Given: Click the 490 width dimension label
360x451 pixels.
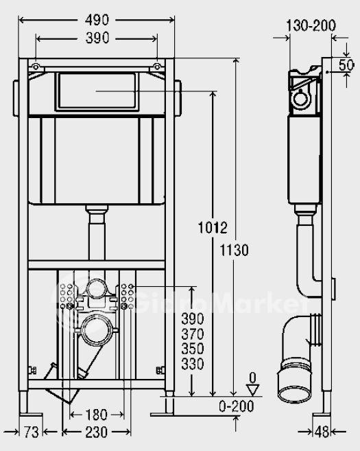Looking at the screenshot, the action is pyautogui.click(x=97, y=20).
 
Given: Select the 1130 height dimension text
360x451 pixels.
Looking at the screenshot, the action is pyautogui.click(x=234, y=250).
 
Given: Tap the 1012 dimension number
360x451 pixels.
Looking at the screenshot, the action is pyautogui.click(x=213, y=227).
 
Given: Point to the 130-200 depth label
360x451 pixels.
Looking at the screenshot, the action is pyautogui.click(x=311, y=25).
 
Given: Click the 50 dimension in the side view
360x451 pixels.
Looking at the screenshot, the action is pyautogui.click(x=346, y=65).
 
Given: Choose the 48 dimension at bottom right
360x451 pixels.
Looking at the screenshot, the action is pyautogui.click(x=322, y=432).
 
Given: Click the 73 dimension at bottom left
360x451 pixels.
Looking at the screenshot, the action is pyautogui.click(x=31, y=432).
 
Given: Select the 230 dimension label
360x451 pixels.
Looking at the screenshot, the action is pyautogui.click(x=97, y=432).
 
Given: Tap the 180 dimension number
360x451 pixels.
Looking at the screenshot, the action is pyautogui.click(x=97, y=415).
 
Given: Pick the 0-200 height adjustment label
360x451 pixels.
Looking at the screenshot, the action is pyautogui.click(x=236, y=406).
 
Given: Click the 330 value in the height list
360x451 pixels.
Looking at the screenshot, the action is pyautogui.click(x=193, y=364).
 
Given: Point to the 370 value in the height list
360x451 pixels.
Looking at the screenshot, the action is pyautogui.click(x=193, y=334).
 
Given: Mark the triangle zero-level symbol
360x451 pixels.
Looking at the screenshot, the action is pyautogui.click(x=253, y=390).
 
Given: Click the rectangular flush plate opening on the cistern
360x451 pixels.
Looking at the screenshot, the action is pyautogui.click(x=97, y=91).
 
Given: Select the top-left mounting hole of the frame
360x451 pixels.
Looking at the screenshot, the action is pyautogui.click(x=36, y=67).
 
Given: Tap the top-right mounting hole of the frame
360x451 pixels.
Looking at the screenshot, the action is pyautogui.click(x=157, y=67).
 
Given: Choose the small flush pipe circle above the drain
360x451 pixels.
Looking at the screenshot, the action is pyautogui.click(x=97, y=288).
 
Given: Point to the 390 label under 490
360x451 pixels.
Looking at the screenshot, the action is pyautogui.click(x=97, y=38).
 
